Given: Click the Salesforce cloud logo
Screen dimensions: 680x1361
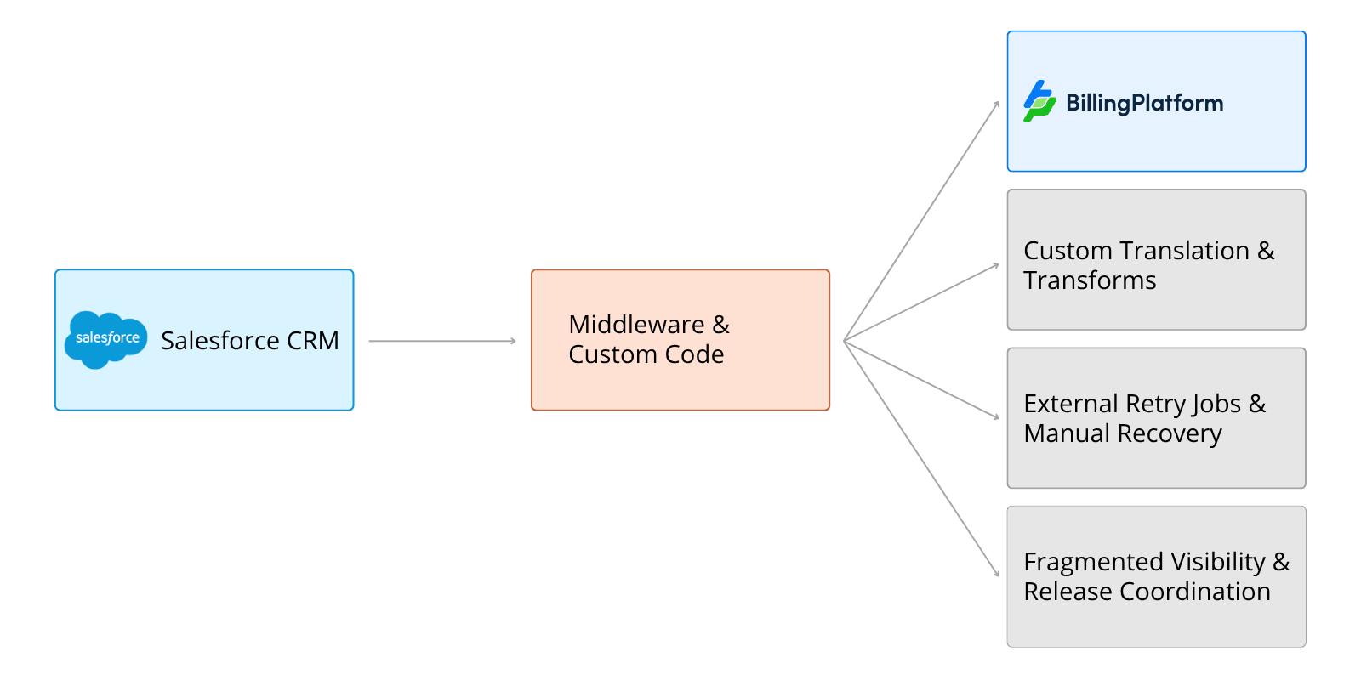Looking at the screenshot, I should tap(106, 339).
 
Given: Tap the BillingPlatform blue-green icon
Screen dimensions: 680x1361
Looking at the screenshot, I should tap(1039, 102).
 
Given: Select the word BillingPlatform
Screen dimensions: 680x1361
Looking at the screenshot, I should tap(1144, 104).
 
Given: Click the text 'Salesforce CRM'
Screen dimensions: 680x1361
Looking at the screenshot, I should tap(249, 341).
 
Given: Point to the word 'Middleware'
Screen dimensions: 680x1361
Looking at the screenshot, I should tap(636, 325).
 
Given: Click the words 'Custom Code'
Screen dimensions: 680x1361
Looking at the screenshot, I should tap(646, 354).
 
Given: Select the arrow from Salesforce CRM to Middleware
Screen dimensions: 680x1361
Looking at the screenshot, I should tap(442, 341).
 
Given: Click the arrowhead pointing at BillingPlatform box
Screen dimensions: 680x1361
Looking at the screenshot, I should tap(997, 105).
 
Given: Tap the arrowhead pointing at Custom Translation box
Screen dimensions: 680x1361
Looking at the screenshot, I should tap(996, 266).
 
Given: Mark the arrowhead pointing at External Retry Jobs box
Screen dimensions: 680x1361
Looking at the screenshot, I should tap(996, 416).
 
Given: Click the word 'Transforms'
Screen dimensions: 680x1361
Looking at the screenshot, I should tap(1090, 280).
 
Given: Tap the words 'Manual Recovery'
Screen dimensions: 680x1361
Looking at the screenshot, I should tap(1122, 433).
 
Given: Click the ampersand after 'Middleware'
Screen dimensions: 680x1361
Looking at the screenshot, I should tap(720, 325).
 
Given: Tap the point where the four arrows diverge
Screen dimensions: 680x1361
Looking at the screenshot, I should tap(844, 341).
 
